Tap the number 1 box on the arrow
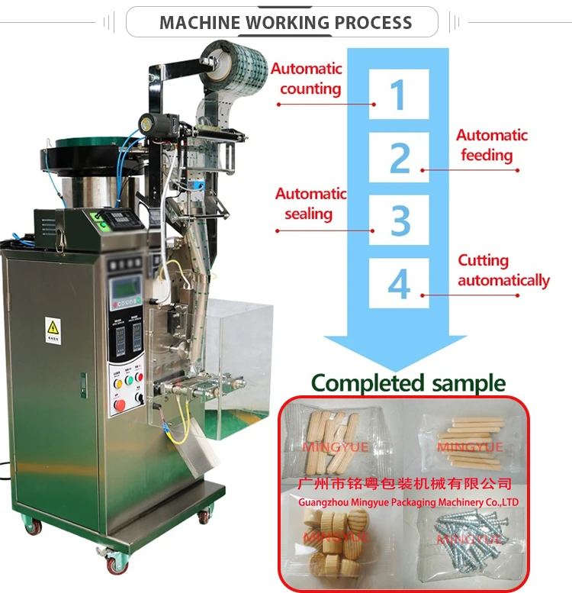(x=399, y=94)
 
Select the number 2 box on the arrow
(x=399, y=157)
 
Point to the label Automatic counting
(x=307, y=79)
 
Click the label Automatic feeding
(x=492, y=145)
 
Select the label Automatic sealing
(x=310, y=204)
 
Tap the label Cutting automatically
(x=503, y=270)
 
